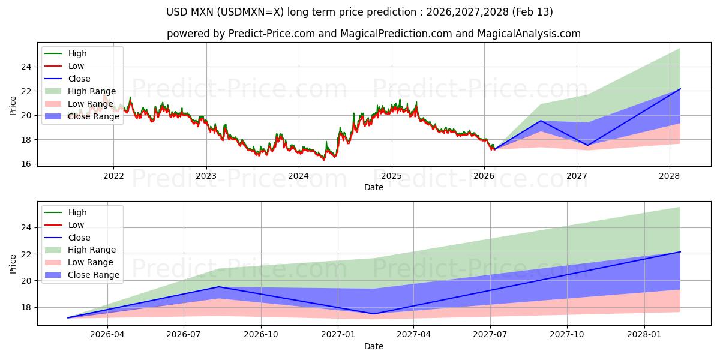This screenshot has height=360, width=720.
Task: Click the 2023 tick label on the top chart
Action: click(206, 176)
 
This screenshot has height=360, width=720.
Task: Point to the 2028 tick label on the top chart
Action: click(669, 176)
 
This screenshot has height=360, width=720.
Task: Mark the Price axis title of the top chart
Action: click(13, 106)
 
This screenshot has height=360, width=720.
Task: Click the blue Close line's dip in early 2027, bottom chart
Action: click(374, 314)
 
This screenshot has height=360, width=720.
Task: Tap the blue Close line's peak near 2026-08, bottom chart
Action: click(219, 287)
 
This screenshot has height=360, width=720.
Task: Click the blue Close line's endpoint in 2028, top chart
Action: click(680, 89)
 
